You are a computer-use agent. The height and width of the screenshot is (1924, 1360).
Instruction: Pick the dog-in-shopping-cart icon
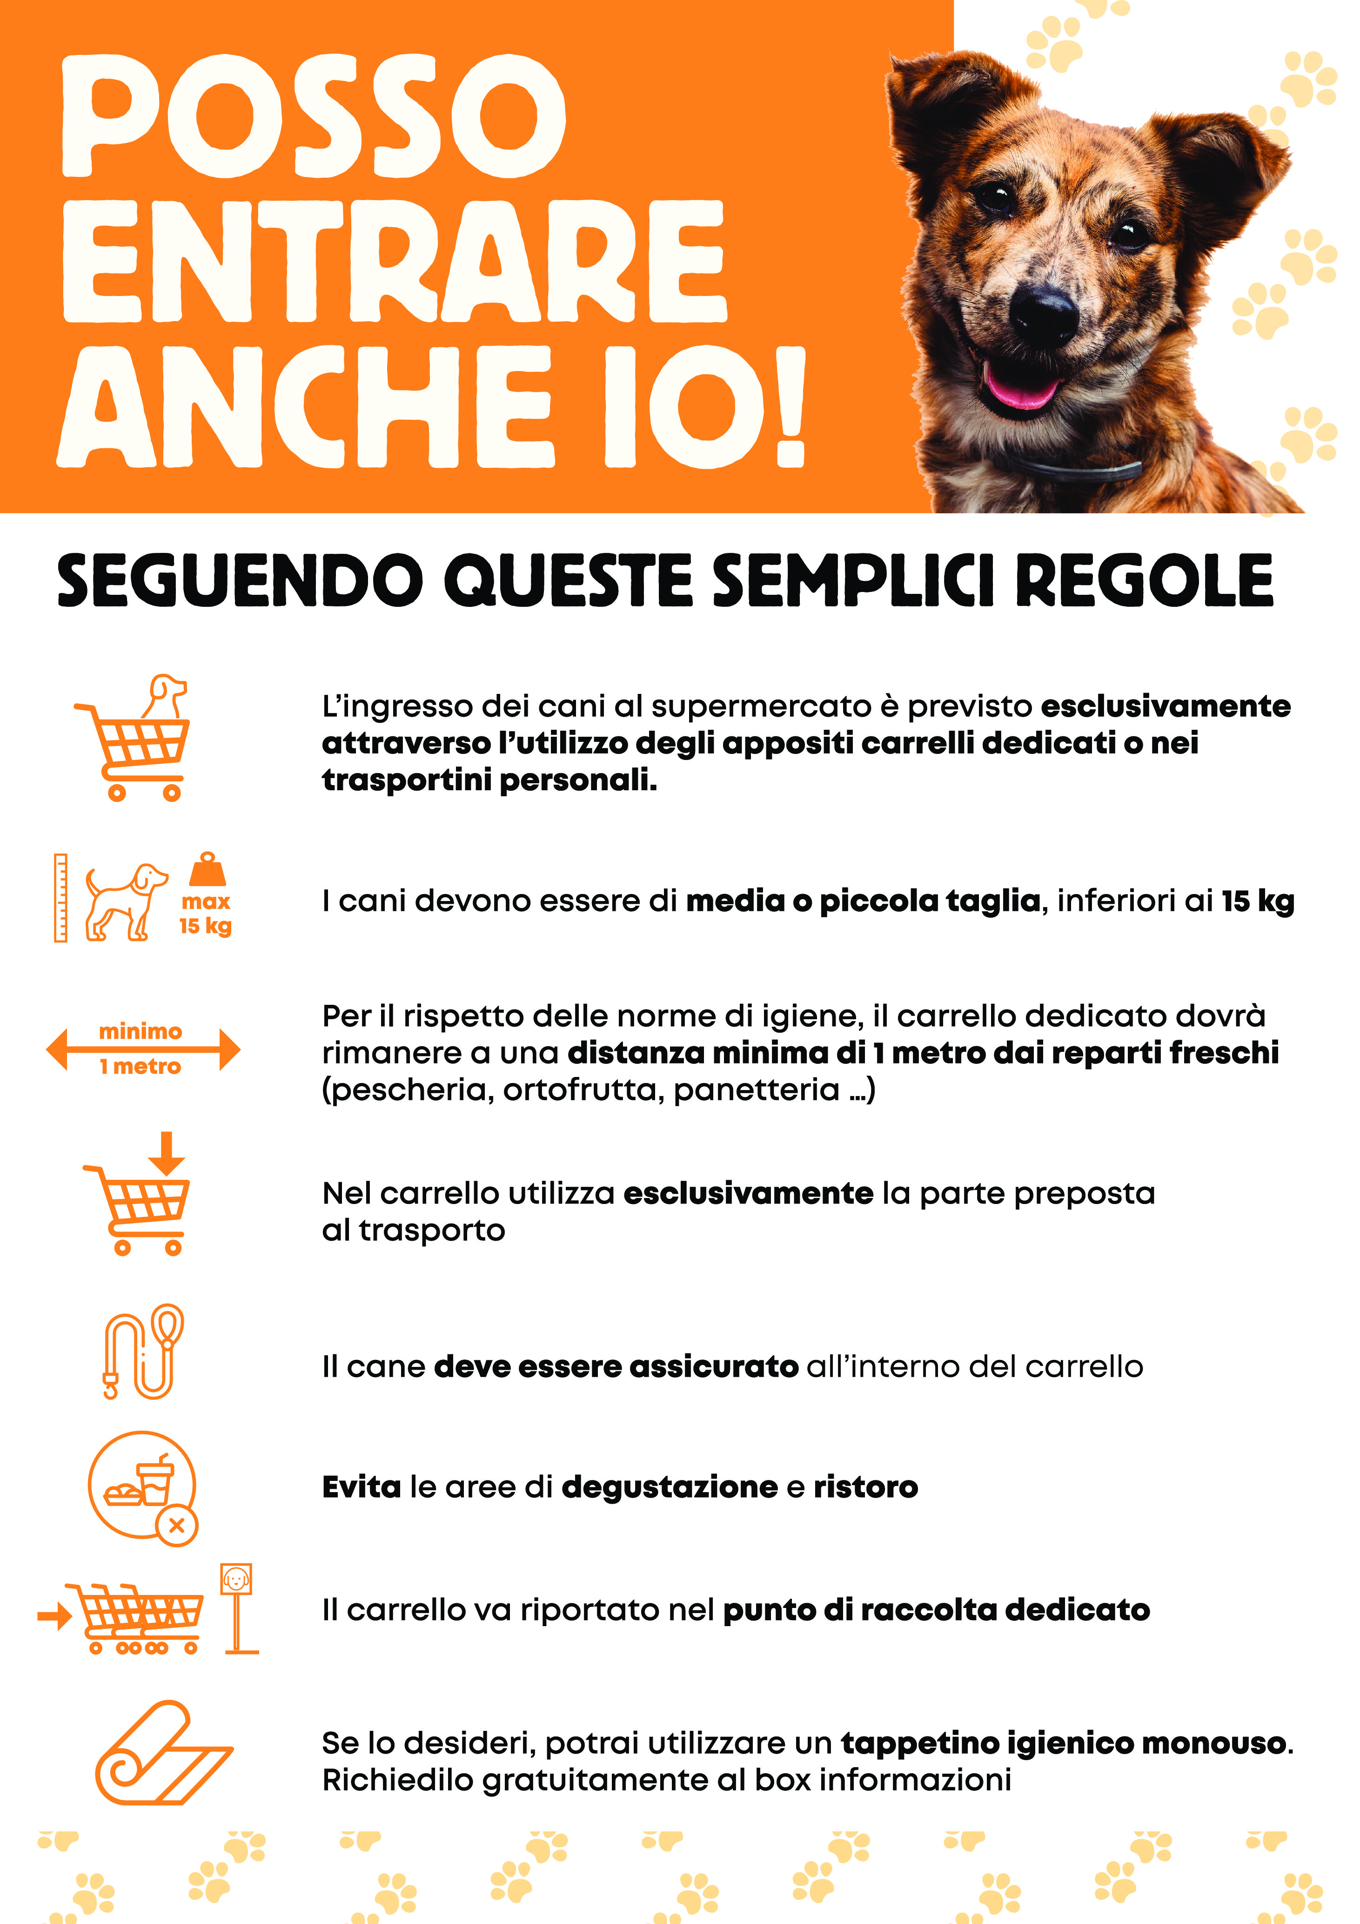tap(134, 737)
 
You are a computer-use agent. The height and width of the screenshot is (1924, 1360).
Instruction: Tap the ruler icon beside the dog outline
tap(60, 898)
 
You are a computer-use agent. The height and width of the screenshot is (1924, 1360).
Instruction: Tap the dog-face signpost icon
tap(239, 1609)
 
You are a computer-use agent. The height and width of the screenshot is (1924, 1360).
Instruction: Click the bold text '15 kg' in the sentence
tap(1257, 901)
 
